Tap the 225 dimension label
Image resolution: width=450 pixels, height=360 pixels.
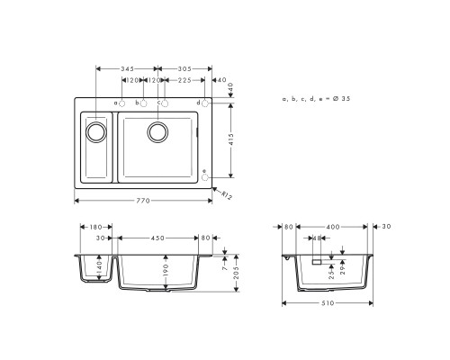(184, 81)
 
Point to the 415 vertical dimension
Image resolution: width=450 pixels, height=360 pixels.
(232, 140)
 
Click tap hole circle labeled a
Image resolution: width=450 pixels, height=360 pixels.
(123, 103)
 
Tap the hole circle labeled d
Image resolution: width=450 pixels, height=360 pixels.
(205, 103)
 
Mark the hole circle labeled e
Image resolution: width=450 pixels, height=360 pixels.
(205, 177)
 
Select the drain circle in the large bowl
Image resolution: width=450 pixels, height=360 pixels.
(158, 133)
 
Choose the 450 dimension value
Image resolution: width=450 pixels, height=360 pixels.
(157, 238)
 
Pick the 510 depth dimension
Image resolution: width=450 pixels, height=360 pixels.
(328, 302)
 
